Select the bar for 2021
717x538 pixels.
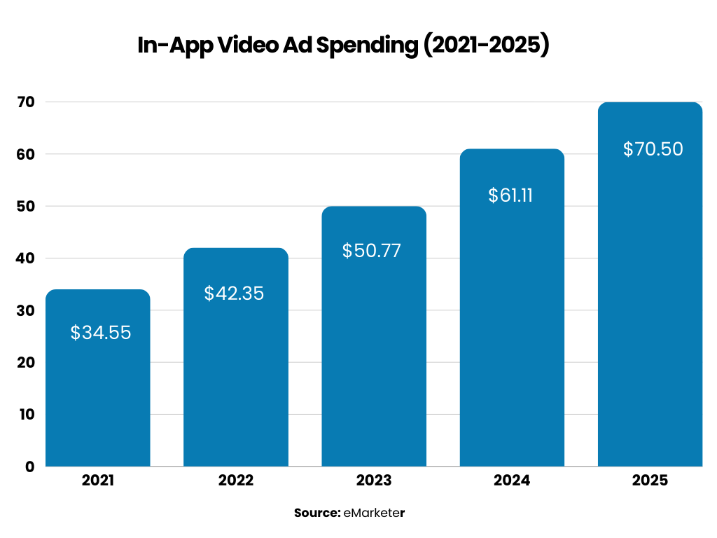click(x=97, y=392)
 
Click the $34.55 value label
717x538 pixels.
click(x=101, y=333)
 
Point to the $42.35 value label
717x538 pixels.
click(x=234, y=294)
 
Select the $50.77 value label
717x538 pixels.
click(x=372, y=251)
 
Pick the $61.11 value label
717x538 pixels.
click(x=510, y=195)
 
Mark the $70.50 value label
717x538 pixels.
click(x=653, y=149)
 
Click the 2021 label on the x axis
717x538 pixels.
click(x=97, y=481)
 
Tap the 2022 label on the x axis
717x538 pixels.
click(x=236, y=481)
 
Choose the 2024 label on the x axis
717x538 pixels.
click(x=512, y=481)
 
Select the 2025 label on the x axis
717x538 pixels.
click(x=650, y=481)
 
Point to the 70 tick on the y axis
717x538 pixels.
click(x=25, y=102)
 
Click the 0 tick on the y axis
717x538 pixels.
click(x=29, y=467)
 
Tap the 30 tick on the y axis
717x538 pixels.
click(x=25, y=310)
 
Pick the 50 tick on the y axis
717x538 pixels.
click(x=25, y=207)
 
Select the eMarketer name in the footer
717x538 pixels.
click(x=375, y=513)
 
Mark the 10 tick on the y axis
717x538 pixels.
click(x=26, y=415)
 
